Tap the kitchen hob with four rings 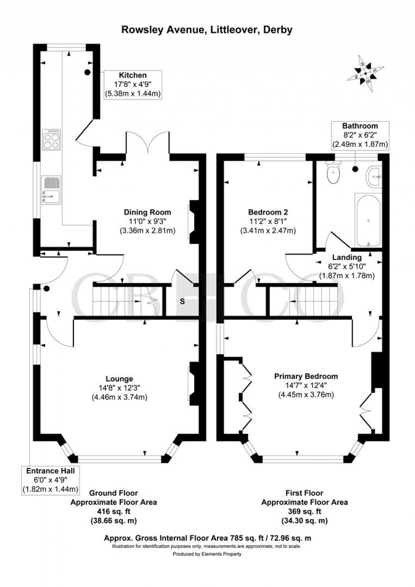(x=51, y=140)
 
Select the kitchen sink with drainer (x=50, y=190)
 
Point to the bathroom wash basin (x=373, y=177)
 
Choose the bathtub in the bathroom (x=368, y=220)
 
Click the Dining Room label (x=147, y=212)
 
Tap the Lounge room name (x=119, y=379)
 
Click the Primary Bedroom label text (x=306, y=376)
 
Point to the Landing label (x=347, y=257)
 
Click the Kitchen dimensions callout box (x=132, y=85)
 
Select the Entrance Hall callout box (x=50, y=480)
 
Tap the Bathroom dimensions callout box (x=360, y=135)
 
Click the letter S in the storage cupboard (x=182, y=301)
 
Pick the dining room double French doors (x=147, y=142)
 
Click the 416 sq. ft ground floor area (x=114, y=511)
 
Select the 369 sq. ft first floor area (x=304, y=511)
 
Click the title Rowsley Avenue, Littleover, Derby (x=207, y=30)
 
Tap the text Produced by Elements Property (x=207, y=554)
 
